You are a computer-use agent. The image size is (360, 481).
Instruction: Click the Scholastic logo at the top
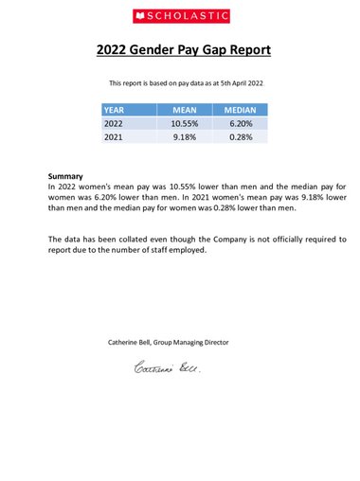pyautogui.click(x=179, y=16)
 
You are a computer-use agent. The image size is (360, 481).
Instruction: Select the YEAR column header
pyautogui.click(x=114, y=110)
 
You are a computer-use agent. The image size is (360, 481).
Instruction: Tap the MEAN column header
pyautogui.click(x=184, y=110)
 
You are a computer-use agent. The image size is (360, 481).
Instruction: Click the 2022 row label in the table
pyautogui.click(x=114, y=123)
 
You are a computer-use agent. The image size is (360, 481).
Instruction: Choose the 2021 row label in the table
pyautogui.click(x=114, y=137)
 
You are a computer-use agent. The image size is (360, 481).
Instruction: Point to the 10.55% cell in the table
pyautogui.click(x=184, y=123)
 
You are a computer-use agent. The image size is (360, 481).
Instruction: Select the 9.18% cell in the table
pyautogui.click(x=184, y=137)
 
